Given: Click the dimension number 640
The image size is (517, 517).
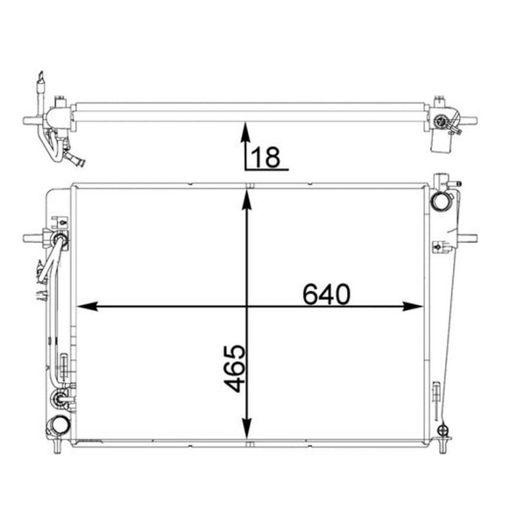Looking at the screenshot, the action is click(x=326, y=294).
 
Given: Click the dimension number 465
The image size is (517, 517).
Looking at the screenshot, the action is click(x=235, y=368).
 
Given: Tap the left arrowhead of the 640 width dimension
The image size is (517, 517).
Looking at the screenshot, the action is click(x=88, y=306).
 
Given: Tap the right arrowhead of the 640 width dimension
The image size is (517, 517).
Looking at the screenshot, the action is click(x=413, y=306).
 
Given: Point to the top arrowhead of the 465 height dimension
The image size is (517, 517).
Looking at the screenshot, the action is click(x=247, y=200).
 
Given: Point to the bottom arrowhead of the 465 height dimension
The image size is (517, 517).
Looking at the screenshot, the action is click(x=247, y=428).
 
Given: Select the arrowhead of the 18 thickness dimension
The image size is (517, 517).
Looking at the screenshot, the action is click(x=245, y=132).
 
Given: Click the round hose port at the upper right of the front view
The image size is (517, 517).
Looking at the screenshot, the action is click(x=439, y=201).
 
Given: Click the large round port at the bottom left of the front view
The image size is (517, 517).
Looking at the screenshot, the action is click(x=59, y=425).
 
